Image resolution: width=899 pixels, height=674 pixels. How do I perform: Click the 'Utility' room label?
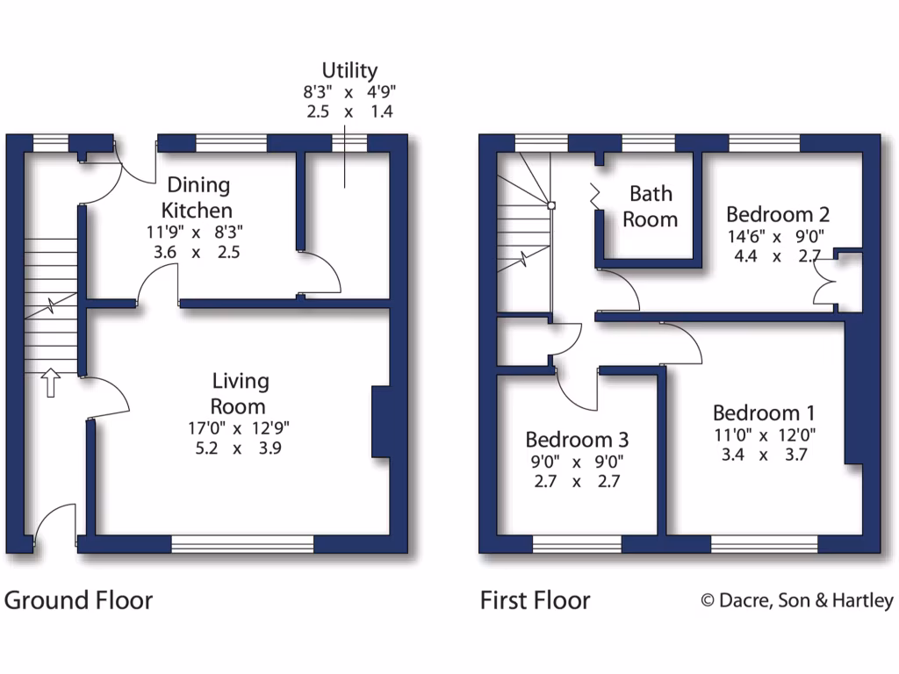pyautogui.click(x=349, y=70)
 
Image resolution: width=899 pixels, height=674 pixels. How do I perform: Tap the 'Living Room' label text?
pyautogui.click(x=240, y=393)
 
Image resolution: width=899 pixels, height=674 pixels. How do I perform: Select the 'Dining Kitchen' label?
pyautogui.click(x=199, y=197)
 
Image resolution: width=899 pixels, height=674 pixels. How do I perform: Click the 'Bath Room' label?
pyautogui.click(x=650, y=206)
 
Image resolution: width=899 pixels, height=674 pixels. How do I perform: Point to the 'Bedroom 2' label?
pyautogui.click(x=778, y=214)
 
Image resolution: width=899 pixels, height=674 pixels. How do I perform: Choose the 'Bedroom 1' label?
pyautogui.click(x=764, y=412)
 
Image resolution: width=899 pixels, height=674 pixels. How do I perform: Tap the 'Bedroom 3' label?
pyautogui.click(x=577, y=439)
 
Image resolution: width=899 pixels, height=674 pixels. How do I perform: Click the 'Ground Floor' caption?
pyautogui.click(x=78, y=600)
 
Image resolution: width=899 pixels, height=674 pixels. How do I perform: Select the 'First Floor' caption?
pyautogui.click(x=535, y=600)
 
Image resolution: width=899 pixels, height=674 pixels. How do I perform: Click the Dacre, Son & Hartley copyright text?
pyautogui.click(x=796, y=600)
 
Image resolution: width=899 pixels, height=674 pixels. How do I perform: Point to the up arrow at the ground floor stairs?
pyautogui.click(x=50, y=383)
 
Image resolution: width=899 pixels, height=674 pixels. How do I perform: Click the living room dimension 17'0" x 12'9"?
pyautogui.click(x=238, y=428)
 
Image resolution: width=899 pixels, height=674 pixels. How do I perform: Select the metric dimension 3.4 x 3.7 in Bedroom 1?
pyautogui.click(x=763, y=455)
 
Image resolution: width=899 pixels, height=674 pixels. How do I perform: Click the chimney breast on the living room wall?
pyautogui.click(x=381, y=422)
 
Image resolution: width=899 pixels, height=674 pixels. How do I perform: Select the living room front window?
pyautogui.click(x=242, y=545)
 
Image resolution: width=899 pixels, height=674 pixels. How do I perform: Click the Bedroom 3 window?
pyautogui.click(x=577, y=545)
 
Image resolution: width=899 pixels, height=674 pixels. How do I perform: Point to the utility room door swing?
pyautogui.click(x=321, y=272)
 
